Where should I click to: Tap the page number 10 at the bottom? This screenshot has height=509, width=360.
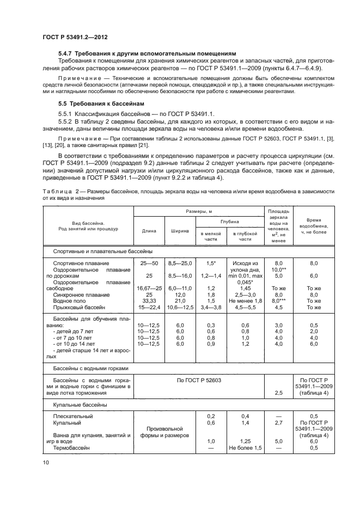(x=46, y=462)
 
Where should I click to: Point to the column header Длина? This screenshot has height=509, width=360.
(x=149, y=230)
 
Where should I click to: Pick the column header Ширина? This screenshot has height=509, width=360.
(x=180, y=230)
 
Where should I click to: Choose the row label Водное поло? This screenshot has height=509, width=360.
(x=71, y=301)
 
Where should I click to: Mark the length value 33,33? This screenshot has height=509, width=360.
(x=149, y=301)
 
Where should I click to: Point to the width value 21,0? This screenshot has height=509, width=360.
(x=180, y=301)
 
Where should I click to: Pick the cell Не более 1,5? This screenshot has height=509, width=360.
(x=245, y=447)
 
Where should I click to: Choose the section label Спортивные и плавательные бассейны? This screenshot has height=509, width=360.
(x=102, y=251)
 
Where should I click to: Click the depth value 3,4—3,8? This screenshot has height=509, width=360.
(x=210, y=308)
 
